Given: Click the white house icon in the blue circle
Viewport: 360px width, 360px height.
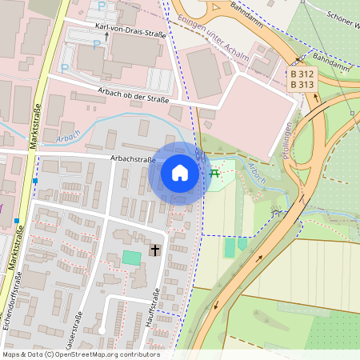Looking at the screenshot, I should (x=180, y=172).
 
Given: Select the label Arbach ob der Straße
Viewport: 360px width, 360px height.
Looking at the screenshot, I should (x=133, y=94).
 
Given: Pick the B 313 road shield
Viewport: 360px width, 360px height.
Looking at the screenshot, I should (x=302, y=85).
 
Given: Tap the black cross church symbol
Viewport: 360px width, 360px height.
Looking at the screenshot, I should (x=155, y=251).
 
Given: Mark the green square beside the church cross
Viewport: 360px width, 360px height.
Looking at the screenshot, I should (x=130, y=258).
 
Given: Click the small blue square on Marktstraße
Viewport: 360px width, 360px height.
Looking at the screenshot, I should (x=35, y=181).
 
